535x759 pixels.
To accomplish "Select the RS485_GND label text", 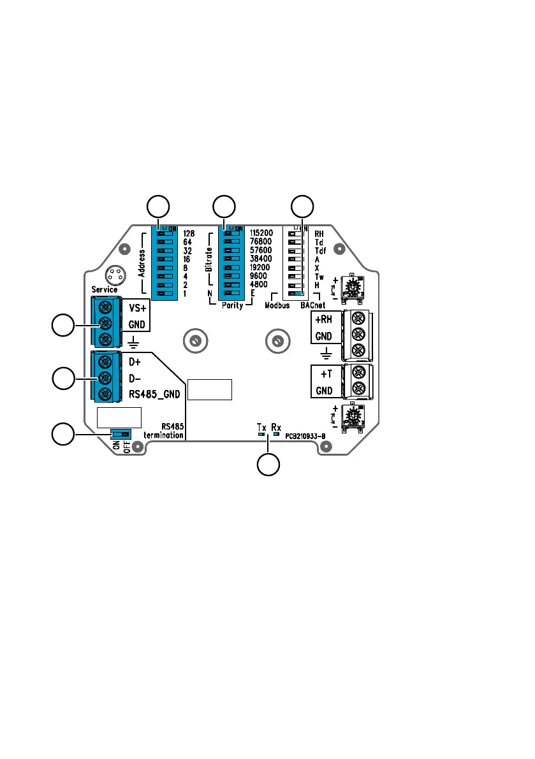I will (154, 394).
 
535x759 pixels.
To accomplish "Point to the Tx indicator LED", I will (261, 435).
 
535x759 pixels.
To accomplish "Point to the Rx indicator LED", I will (276, 435).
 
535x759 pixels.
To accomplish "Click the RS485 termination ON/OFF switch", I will (121, 435).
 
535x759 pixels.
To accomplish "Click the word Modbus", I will (277, 305).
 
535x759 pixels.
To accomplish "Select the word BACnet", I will (312, 305).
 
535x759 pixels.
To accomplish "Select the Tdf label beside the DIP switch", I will (320, 251).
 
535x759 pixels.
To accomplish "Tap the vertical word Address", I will (142, 263).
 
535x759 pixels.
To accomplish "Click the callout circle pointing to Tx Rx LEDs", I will (268, 465).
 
